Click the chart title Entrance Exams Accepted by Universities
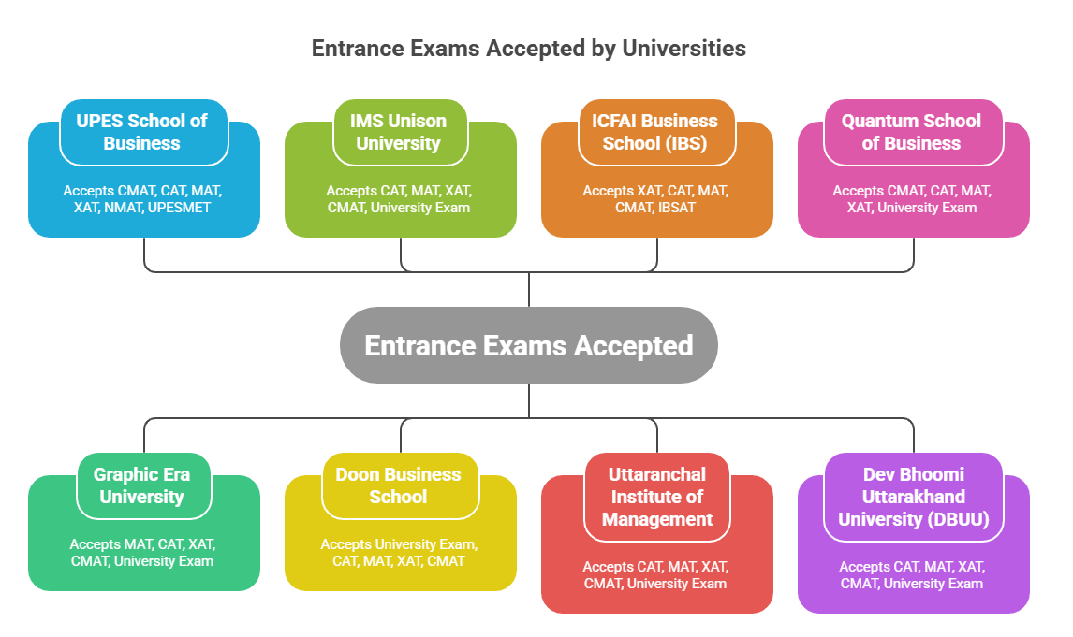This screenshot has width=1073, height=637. tap(528, 49)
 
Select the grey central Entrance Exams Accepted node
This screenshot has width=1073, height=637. tap(528, 345)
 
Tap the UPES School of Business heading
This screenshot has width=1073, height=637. tap(141, 132)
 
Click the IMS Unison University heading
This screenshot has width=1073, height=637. tap(398, 132)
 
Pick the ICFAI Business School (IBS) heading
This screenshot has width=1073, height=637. tap(654, 132)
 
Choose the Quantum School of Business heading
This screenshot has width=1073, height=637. tap(911, 132)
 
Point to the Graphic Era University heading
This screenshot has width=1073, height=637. tap(141, 485)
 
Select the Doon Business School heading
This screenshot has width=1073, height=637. tap(398, 485)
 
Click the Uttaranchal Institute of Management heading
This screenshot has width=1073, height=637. tap(656, 497)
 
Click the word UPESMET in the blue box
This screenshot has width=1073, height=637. tap(180, 208)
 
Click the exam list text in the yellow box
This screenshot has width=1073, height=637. tap(399, 552)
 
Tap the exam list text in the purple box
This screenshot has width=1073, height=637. tap(913, 574)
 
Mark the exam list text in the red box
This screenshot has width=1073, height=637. tap(655, 574)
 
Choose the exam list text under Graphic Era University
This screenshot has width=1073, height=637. tap(142, 552)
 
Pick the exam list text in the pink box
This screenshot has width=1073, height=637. tap(913, 198)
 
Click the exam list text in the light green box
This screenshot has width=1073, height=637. tap(399, 198)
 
